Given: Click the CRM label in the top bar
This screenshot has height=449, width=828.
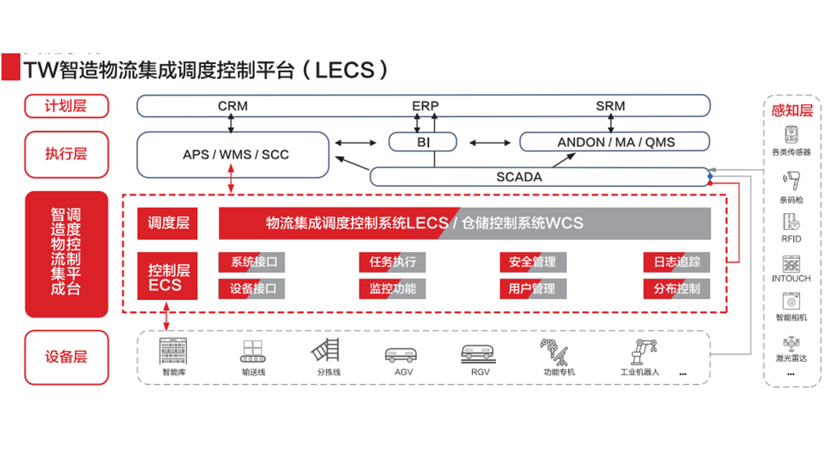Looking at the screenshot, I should tap(232, 106).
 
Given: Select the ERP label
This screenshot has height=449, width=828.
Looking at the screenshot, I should tap(425, 106).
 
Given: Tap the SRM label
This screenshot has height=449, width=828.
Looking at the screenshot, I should tap(610, 106).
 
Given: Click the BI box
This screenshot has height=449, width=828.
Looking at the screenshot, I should tap(423, 142).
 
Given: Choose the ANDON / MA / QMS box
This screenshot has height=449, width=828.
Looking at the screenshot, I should tap(616, 142).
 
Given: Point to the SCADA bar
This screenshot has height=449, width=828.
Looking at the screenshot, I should tap(519, 176).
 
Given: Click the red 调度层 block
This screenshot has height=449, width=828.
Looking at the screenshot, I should tap(168, 223).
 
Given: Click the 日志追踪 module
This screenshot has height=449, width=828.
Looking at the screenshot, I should tap(676, 262).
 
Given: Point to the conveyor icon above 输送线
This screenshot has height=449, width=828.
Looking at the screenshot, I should tap(253, 351).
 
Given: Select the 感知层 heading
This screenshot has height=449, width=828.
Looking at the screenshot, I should tap(791, 111).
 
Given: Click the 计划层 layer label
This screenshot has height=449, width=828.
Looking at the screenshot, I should tap(66, 106).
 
